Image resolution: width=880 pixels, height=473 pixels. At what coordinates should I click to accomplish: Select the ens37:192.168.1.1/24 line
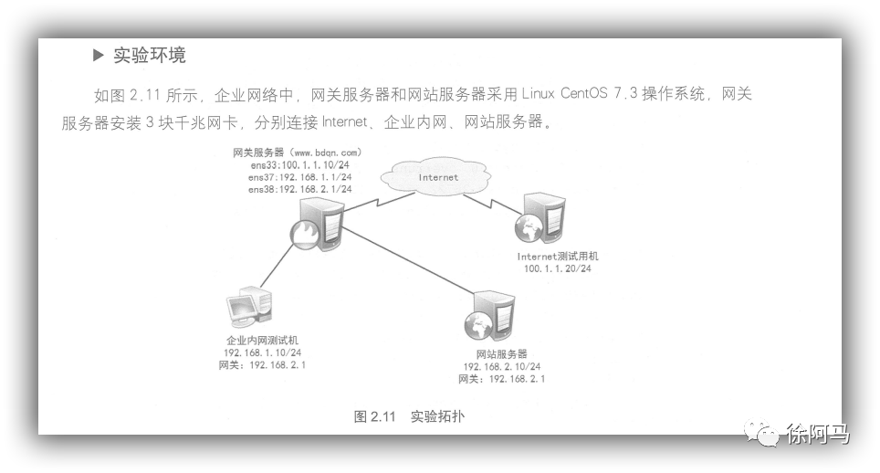pos(299,176)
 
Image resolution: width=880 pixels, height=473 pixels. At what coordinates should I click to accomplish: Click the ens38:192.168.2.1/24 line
pos(299,189)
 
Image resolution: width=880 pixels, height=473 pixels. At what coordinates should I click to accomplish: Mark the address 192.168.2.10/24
pos(502,366)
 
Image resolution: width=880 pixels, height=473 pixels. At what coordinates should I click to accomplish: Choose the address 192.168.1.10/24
pos(262,352)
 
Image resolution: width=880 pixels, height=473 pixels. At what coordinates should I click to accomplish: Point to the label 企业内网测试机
pos(261,340)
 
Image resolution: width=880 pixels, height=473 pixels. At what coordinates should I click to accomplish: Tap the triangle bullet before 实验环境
pos(99,56)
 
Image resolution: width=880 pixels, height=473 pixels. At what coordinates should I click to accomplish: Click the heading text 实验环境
pos(150,56)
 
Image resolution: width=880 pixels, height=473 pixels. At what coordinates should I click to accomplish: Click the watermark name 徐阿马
pos(817,435)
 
